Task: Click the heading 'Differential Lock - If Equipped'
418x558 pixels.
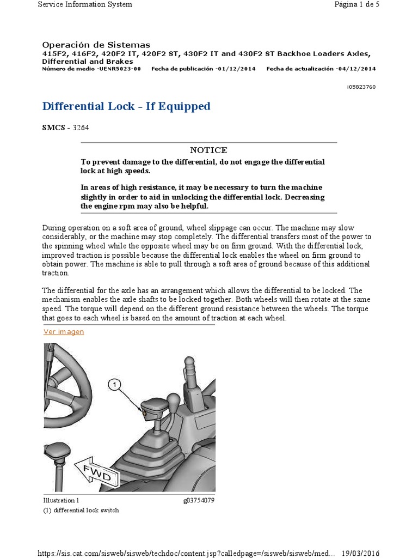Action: pos(126,106)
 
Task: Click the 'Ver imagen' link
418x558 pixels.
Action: pos(64,331)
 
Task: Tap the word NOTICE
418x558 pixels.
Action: pos(208,150)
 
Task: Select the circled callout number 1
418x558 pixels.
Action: pos(114,385)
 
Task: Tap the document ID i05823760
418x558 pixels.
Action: pos(360,87)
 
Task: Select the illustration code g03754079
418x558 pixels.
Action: pos(199,500)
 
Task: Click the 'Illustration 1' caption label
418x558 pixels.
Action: pos(61,500)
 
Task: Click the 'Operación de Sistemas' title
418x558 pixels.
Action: pos(96,45)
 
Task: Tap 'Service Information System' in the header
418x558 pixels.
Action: pos(84,4)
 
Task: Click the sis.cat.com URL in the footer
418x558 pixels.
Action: pos(186,553)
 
